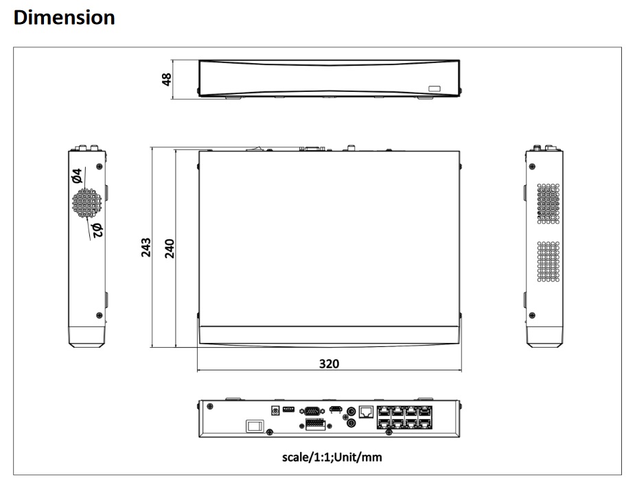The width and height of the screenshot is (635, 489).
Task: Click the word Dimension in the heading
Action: click(64, 17)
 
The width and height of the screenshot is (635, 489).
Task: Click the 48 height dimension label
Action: click(166, 80)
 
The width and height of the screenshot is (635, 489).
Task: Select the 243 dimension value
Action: click(146, 248)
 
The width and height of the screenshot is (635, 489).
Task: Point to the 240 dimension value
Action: click(170, 248)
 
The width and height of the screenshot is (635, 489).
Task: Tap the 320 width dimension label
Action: click(330, 363)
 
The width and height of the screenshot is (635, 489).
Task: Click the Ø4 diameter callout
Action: click(76, 176)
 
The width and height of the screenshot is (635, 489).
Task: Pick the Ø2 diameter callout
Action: click(97, 230)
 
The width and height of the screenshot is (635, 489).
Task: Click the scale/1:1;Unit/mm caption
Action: click(332, 457)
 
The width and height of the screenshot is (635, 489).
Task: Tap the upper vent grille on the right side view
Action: click(549, 204)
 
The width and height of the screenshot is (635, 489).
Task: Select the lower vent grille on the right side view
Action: click(549, 262)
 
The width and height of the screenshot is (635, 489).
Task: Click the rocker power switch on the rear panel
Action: click(255, 426)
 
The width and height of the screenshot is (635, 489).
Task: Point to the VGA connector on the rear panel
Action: click(312, 412)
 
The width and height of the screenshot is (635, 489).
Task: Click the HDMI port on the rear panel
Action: click(335, 409)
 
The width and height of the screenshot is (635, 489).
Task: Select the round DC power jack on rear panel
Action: click(275, 411)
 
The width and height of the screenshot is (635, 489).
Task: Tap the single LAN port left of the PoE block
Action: click(367, 412)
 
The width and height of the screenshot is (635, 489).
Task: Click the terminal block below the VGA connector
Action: click(316, 425)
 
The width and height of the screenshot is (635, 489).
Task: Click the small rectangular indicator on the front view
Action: click(435, 88)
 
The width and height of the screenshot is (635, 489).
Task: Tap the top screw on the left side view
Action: click(100, 166)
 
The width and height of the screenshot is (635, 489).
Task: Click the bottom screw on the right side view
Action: click(532, 315)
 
